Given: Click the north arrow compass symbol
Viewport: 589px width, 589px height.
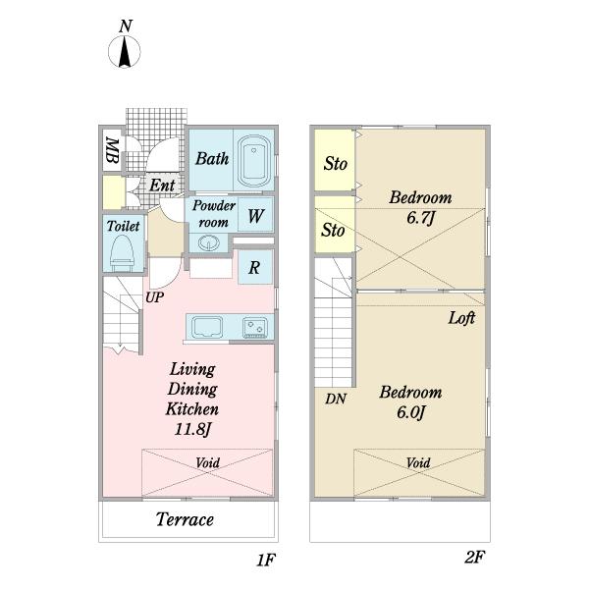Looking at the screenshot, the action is [x=125, y=51].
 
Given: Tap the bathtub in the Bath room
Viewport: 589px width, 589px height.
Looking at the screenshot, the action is [x=254, y=160].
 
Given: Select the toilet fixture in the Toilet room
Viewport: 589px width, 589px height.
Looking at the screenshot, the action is [x=123, y=251].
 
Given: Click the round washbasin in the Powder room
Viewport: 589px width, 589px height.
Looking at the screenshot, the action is [x=207, y=242].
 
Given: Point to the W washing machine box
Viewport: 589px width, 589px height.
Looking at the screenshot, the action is [x=255, y=215].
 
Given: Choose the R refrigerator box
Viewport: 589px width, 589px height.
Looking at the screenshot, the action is [x=255, y=267].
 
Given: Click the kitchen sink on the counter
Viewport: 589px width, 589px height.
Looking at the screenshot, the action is [x=207, y=326].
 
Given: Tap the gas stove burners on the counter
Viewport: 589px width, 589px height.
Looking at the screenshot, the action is [x=255, y=327].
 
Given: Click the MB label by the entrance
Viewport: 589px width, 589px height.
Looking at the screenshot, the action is [x=112, y=151].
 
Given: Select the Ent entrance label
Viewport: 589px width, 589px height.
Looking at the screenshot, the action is [x=162, y=186].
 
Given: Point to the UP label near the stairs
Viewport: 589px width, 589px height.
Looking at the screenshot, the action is [x=155, y=297].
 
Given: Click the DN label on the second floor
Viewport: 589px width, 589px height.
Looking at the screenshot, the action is [x=336, y=399].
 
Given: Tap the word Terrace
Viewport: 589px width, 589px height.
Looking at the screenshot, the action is [x=185, y=519].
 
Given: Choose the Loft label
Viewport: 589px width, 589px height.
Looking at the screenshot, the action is [x=461, y=318].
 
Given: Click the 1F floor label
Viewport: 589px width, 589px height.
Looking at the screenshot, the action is [x=266, y=561].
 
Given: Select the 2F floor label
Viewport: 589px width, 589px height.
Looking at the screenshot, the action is [x=474, y=557].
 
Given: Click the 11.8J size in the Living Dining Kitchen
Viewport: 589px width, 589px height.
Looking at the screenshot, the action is [x=192, y=429].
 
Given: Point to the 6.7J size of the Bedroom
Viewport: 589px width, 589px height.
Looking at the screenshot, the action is [x=420, y=217].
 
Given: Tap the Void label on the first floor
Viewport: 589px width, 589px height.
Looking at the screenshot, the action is [x=208, y=462].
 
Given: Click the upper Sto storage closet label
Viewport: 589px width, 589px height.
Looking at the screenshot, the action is [x=336, y=164].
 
